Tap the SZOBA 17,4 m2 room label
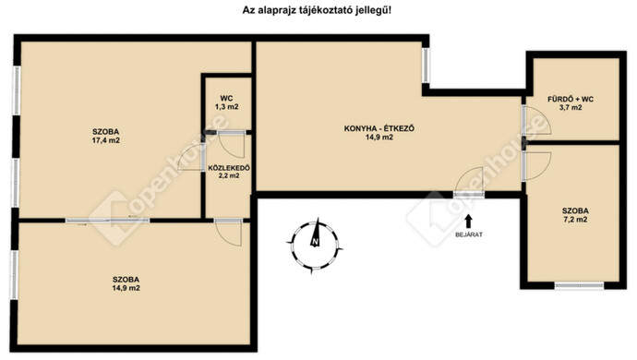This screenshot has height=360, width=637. click(x=105, y=136)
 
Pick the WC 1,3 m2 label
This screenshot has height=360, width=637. click(x=226, y=102)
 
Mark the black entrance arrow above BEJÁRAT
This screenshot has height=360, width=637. click(x=469, y=221)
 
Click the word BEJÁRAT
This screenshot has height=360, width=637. click(x=469, y=235)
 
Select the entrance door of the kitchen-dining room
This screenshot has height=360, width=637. click(x=469, y=183)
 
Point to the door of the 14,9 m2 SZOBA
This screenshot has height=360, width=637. click(x=225, y=230)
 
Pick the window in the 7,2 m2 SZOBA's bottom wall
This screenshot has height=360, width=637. click(x=579, y=285)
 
